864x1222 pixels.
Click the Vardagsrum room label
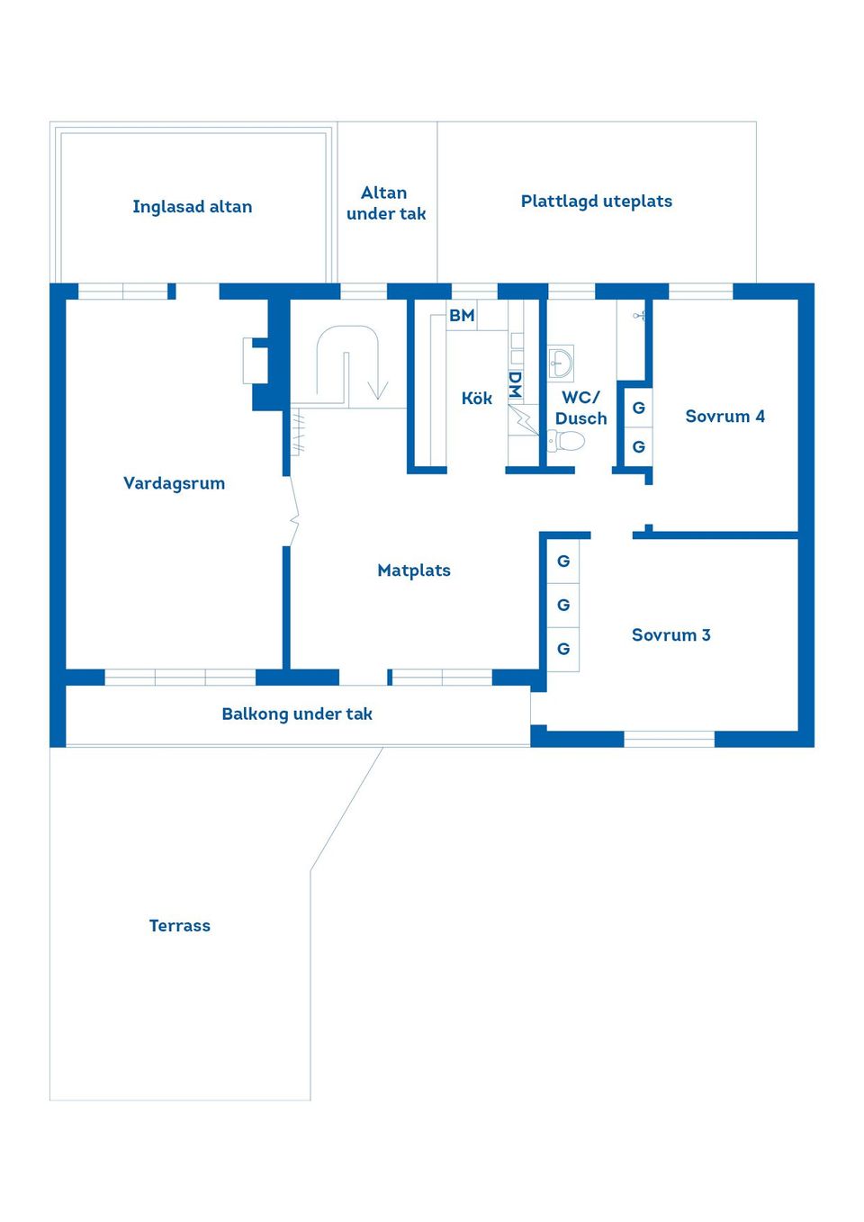point(174,483)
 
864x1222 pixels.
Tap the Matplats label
point(413,571)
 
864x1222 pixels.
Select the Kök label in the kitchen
point(476,398)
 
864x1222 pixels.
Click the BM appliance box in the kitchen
point(462,316)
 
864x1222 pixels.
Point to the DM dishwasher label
point(515,384)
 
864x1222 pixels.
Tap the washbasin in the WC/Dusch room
point(561,364)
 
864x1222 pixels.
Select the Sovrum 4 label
point(724,417)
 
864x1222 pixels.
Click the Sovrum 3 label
point(670,635)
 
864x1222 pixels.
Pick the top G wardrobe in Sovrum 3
point(563,562)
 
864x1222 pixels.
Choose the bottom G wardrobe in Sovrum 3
point(563,649)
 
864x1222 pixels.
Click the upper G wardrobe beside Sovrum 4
point(638,409)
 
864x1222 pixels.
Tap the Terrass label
point(179,926)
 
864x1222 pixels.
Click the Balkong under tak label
point(296,714)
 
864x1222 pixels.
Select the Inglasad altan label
point(192,207)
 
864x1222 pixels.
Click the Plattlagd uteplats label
point(596,202)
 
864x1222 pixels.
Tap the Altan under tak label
point(385,203)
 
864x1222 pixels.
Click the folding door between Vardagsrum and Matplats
point(293,511)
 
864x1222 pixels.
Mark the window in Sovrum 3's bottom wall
point(669,740)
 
